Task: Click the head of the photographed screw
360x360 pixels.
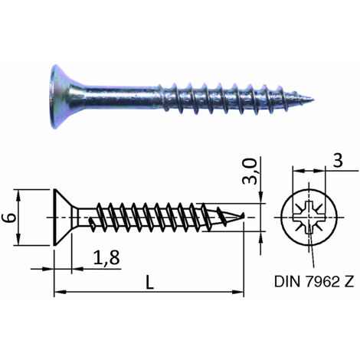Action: [63, 97]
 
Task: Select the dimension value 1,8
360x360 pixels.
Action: [106, 257]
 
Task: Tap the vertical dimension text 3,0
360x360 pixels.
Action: [250, 171]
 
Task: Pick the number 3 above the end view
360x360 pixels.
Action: [338, 161]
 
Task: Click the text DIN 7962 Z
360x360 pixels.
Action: [314, 281]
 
